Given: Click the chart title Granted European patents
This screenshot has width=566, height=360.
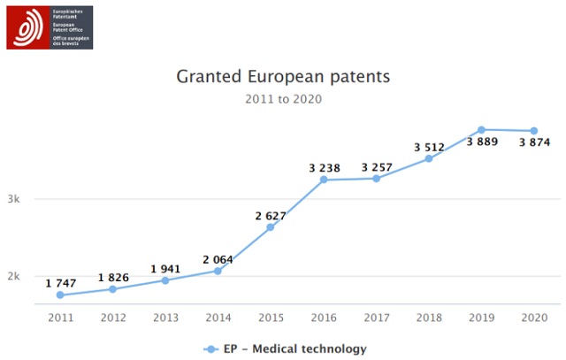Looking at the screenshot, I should click(283, 76).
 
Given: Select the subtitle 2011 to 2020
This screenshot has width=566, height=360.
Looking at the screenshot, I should click(283, 99).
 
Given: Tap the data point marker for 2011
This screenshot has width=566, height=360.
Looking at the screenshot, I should click(60, 295).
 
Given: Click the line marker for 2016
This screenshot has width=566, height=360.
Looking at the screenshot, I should click(324, 180).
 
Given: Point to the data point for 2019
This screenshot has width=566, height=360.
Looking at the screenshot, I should click(482, 130).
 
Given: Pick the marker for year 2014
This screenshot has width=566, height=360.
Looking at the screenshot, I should click(218, 271).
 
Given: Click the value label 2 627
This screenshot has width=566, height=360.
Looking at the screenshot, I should click(271, 216).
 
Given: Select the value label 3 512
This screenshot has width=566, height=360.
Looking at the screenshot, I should click(429, 147).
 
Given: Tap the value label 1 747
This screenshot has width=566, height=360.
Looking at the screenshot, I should click(61, 283).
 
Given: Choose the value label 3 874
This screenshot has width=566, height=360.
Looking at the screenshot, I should click(534, 142).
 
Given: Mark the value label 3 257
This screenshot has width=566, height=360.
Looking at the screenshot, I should click(377, 167).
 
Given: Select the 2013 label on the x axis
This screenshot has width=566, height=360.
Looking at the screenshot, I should click(165, 317).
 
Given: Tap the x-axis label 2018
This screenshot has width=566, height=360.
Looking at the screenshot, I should click(429, 317).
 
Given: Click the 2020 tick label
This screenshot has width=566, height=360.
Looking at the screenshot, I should click(534, 317).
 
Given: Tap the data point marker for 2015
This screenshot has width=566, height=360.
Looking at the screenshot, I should click(271, 227).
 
